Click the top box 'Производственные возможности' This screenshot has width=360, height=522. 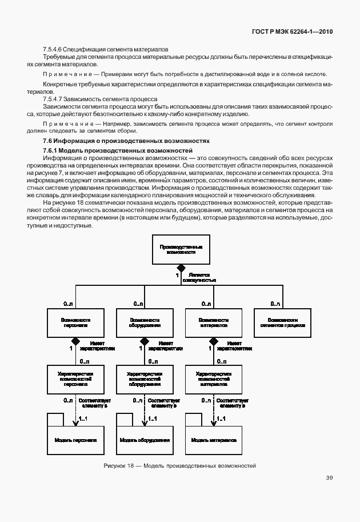coord(181,249)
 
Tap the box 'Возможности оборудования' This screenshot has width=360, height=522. coord(145,323)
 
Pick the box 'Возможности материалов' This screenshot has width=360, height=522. coord(214,323)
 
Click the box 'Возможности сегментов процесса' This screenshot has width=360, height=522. coord(283,323)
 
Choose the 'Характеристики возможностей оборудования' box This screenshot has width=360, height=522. coord(145,379)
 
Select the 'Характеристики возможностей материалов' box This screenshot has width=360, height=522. coord(214,379)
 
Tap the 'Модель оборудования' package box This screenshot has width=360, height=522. coord(145,440)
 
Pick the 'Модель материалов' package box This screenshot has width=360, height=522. coord(214,440)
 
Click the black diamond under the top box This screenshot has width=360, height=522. coord(181,268)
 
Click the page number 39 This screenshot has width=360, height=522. coord(330,478)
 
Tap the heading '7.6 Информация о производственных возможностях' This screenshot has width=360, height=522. coord(126,141)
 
